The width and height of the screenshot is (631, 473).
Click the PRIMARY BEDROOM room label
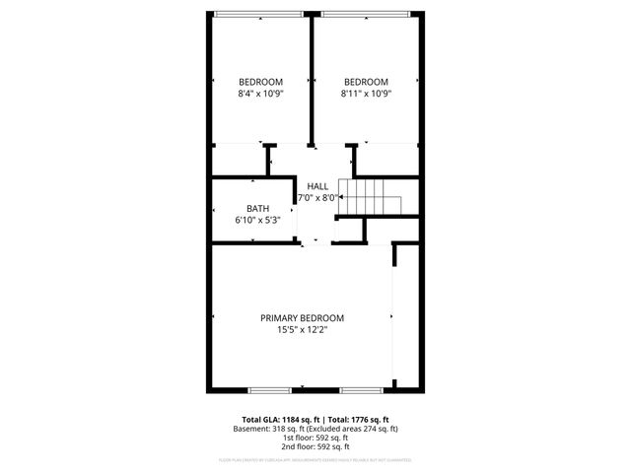coord(302,318)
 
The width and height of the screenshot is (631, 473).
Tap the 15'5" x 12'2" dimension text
coord(302,330)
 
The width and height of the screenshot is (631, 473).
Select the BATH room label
coord(257,208)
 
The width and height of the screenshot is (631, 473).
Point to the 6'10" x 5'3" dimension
coord(257,220)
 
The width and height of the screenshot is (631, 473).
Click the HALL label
coord(317,185)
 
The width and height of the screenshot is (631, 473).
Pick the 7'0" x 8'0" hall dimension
coord(317,197)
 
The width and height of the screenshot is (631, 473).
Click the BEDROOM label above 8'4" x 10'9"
coord(260,82)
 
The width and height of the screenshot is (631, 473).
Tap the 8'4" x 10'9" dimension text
coord(260,94)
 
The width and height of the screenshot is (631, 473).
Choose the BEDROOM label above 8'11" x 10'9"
coord(366,82)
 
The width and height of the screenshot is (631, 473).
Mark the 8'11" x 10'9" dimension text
coord(366,94)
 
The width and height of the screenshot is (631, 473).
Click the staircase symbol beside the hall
coord(371,195)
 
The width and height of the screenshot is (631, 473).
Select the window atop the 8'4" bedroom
coord(259,13)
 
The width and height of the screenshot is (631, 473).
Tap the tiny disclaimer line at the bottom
coord(315,459)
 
